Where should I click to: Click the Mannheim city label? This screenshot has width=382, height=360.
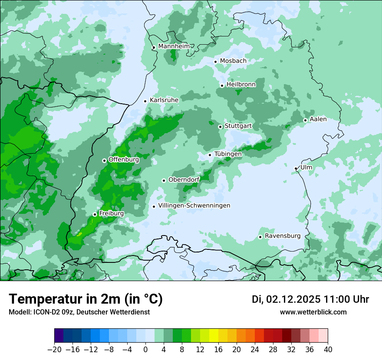point(174,46)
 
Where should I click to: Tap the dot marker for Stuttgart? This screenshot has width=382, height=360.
point(220,127)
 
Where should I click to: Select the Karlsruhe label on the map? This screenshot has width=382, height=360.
point(164,100)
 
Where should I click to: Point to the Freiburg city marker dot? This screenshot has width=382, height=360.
point(95,214)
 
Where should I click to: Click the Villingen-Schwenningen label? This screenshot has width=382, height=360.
point(194,206)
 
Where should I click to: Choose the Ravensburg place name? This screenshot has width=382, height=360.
point(283,236)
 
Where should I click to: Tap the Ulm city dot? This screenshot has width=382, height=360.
point(296,169)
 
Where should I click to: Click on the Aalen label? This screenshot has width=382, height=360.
point(318,119)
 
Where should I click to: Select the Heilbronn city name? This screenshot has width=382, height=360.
point(241,85)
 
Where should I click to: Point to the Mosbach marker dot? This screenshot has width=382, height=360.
point(215,62)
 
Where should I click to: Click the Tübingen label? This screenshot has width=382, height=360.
point(228,154)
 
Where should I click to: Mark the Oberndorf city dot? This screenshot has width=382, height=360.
point(164,180)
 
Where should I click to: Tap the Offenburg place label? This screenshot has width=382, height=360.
point(124,160)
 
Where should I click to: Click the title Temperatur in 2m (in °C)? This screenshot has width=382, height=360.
point(86,299)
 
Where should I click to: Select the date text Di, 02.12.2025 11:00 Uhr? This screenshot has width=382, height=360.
point(310,299)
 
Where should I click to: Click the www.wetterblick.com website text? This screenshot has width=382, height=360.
point(313,312)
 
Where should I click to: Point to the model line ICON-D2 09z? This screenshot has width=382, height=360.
point(79,312)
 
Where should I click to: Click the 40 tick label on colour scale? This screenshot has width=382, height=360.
point(328,350)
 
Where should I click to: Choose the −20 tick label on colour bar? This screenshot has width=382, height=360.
point(54,350)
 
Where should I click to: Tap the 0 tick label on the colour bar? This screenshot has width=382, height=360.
point(145,350)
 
